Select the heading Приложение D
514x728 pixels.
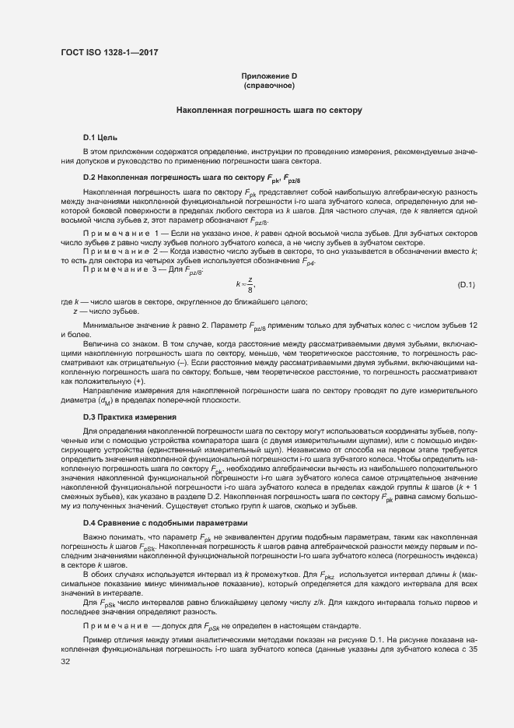269,76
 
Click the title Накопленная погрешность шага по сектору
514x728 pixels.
269,111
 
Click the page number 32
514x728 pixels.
65,663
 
